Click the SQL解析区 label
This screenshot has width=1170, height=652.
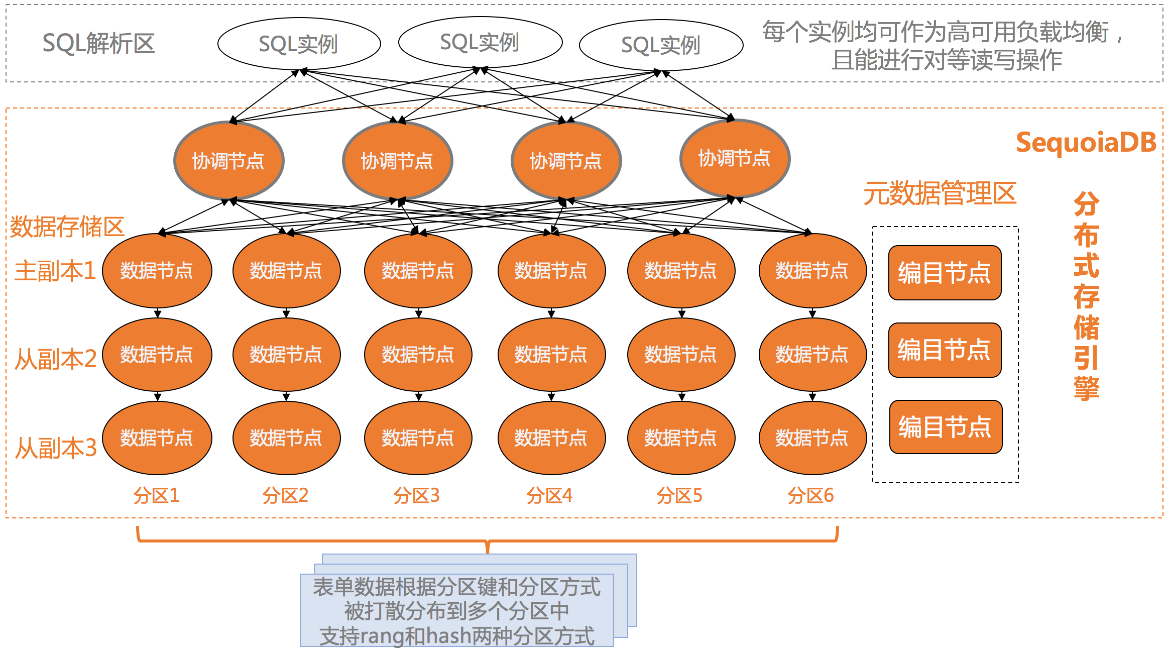coord(98,44)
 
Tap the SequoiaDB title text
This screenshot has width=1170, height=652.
coord(1086,143)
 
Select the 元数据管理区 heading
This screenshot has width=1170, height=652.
coord(940,193)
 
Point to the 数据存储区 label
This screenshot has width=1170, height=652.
coord(67,227)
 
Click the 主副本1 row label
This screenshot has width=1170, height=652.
coord(55,271)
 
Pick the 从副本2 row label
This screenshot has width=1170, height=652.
coord(55,359)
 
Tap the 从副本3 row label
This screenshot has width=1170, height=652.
coord(55,448)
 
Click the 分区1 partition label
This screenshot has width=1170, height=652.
coord(156,496)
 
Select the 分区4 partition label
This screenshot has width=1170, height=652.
coord(549,496)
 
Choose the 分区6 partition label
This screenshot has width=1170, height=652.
coord(810,496)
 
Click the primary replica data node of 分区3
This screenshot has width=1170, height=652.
coord(418,271)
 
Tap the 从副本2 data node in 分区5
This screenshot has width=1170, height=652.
coord(681,355)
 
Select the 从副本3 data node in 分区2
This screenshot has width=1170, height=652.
coord(286,438)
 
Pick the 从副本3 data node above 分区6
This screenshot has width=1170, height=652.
coord(812,438)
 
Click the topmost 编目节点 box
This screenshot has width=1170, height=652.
coord(945,273)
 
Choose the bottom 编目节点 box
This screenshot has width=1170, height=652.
coord(946,427)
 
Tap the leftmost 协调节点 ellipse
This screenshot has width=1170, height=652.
coord(228,161)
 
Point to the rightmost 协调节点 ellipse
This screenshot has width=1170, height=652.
coord(735,158)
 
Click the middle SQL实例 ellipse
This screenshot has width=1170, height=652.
coord(480,43)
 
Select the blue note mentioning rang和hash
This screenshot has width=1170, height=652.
coord(457,610)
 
